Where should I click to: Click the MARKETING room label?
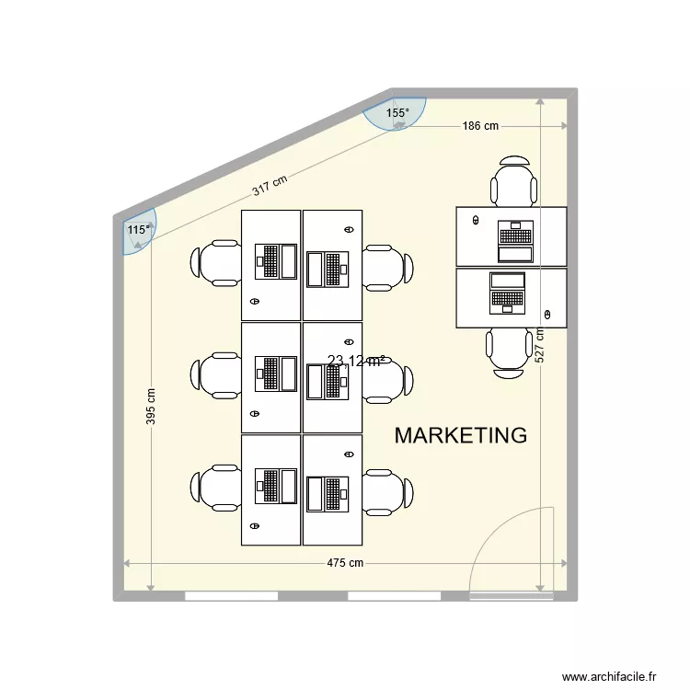coord(460,435)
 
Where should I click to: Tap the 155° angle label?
coord(397,114)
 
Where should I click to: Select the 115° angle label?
coord(138,230)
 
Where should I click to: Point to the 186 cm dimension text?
coord(479,126)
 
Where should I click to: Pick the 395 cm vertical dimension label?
coord(151,405)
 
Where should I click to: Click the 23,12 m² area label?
coord(356,362)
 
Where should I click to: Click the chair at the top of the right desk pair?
coord(514,182)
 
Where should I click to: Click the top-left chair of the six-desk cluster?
coord(216,264)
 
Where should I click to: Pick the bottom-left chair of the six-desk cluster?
coord(216,488)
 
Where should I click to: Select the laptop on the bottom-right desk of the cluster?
coord(329,493)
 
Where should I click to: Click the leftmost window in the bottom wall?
coord(231,595)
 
